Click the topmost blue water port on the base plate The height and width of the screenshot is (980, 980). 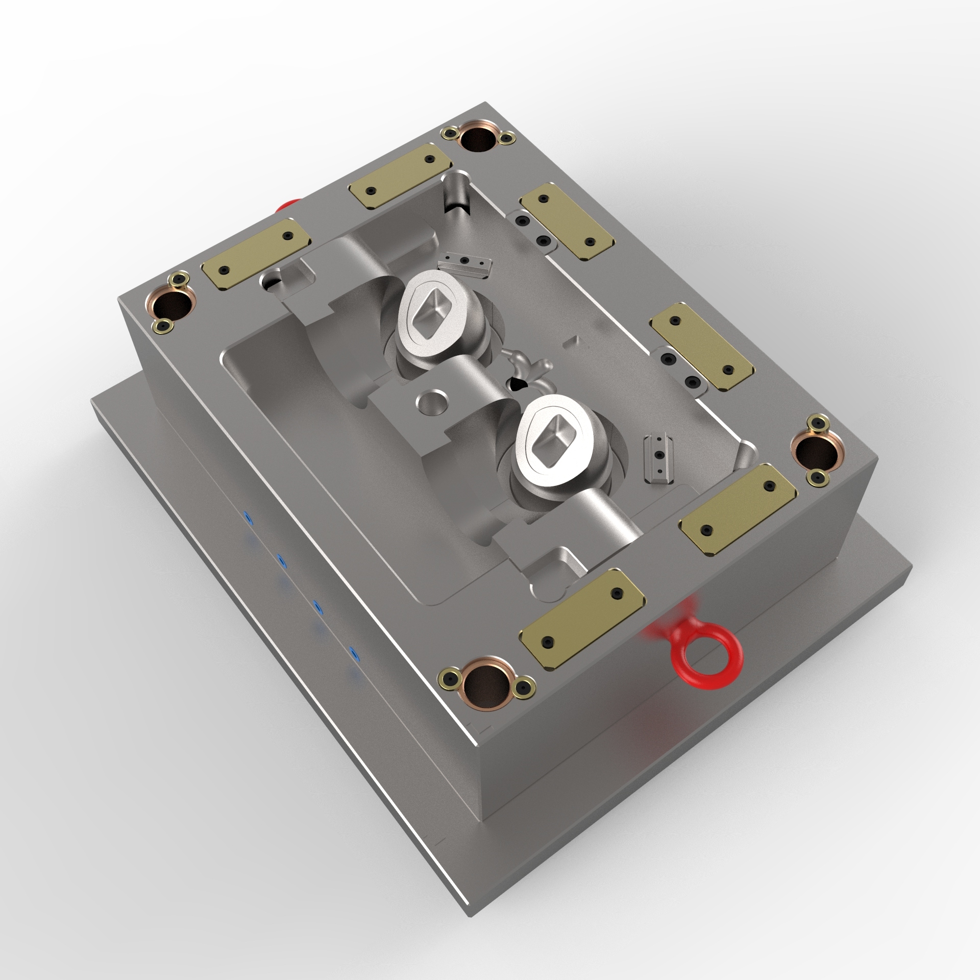tap(249, 518)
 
